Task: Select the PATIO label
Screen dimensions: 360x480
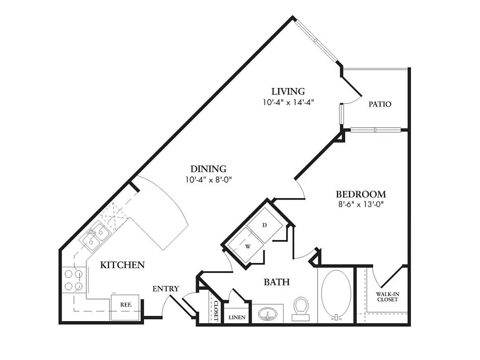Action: click(x=380, y=104)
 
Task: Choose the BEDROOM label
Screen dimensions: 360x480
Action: click(x=361, y=194)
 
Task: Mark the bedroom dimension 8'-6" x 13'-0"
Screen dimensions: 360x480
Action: click(x=361, y=204)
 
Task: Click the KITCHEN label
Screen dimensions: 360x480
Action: click(x=122, y=265)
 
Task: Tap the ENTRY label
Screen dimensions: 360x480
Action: click(x=165, y=288)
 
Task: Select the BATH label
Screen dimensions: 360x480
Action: click(x=277, y=282)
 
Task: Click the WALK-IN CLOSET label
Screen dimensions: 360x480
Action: click(x=387, y=296)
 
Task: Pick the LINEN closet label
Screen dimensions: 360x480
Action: click(x=237, y=317)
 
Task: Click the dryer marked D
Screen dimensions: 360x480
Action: click(x=265, y=225)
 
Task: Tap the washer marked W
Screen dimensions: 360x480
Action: click(x=248, y=246)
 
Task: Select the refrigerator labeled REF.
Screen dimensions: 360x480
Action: click(x=126, y=305)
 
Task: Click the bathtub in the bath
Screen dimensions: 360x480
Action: click(x=336, y=294)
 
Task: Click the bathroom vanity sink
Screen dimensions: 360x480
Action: click(x=268, y=314)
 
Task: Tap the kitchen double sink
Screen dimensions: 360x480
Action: click(x=95, y=236)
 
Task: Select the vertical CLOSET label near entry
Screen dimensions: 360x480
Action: click(x=215, y=310)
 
